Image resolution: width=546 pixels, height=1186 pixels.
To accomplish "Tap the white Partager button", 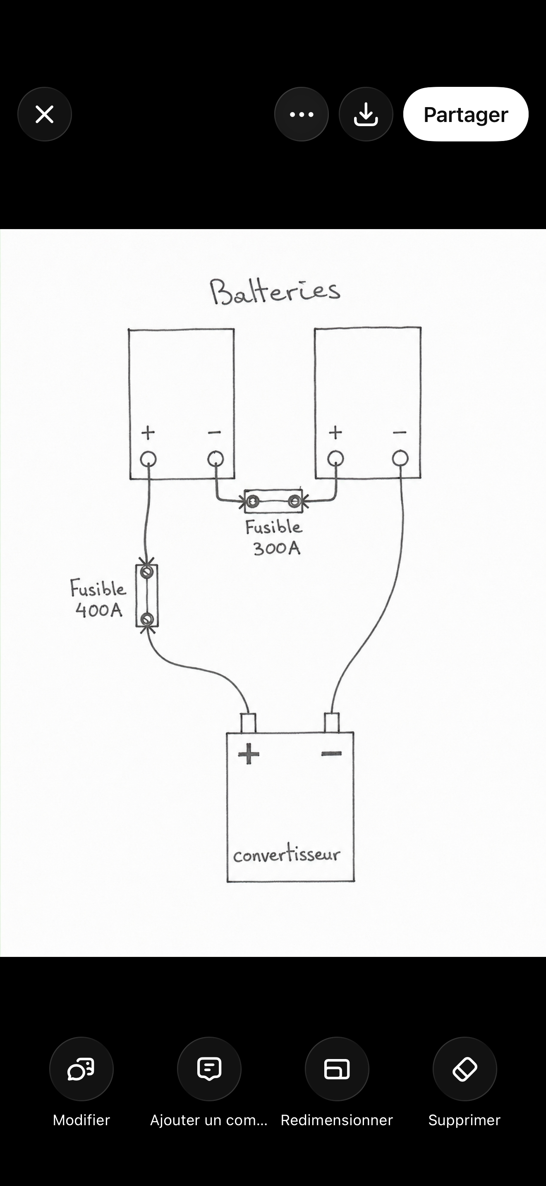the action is pos(465,114).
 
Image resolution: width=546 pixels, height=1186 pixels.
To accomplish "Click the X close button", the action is pos(45,114).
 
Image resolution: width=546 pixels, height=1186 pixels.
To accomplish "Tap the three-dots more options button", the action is pos(302,114).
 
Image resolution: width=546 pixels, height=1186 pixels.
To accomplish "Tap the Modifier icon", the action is pos(81,1069).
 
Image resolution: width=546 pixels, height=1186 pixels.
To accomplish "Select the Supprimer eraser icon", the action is pos(465,1069).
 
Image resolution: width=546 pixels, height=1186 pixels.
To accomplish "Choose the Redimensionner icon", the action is pos(337,1069).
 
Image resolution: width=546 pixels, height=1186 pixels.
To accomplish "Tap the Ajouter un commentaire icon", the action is pos(209,1069).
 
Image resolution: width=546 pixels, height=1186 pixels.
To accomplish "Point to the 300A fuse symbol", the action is pos(273,501).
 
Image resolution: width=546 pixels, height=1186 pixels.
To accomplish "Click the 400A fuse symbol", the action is pos(147,596).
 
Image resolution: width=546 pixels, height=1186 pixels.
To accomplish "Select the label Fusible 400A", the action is pos(98,598).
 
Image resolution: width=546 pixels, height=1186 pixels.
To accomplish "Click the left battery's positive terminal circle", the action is pos(148,459).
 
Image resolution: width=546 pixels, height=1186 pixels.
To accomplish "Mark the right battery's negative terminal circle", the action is pos(400,458).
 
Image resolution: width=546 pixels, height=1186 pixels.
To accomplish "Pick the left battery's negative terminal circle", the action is pos(216,459).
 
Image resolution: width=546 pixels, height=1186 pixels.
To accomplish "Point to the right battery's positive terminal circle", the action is pos(335,458).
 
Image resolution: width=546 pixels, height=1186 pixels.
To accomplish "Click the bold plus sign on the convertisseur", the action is pos(249,754).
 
